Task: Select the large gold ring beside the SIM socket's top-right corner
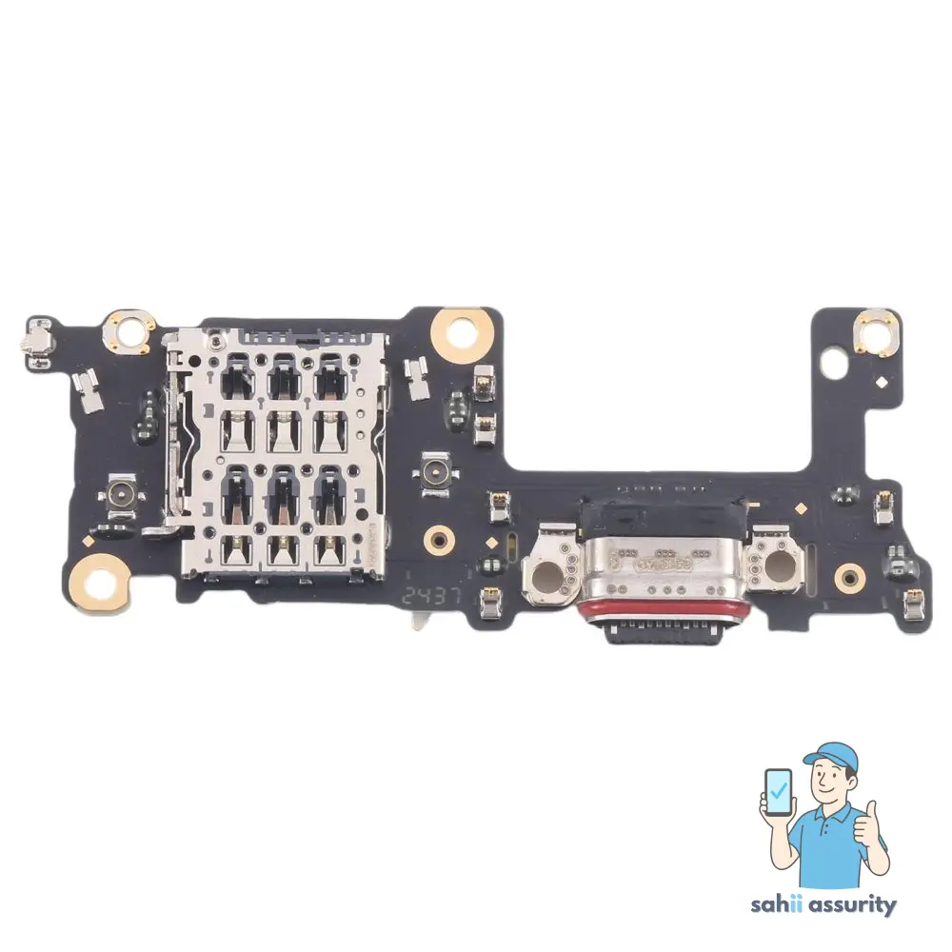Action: pyautogui.click(x=464, y=330)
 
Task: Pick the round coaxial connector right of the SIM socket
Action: pyautogui.click(x=438, y=473)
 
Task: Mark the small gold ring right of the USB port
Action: pyautogui.click(x=849, y=575)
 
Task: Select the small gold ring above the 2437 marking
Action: pyautogui.click(x=439, y=540)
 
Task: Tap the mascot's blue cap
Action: pyautogui.click(x=831, y=756)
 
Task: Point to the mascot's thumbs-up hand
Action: pyautogui.click(x=868, y=824)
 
